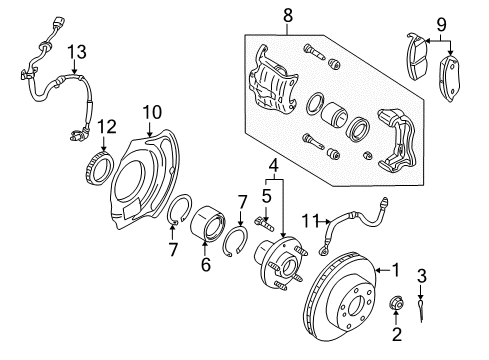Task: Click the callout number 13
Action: (77, 52)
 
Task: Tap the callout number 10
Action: (152, 112)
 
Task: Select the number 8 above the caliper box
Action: (288, 15)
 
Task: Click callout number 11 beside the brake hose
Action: (312, 221)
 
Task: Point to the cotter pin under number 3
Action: (421, 310)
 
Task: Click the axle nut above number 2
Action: (397, 302)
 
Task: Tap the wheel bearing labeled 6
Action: (207, 223)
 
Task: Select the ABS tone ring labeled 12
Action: (98, 168)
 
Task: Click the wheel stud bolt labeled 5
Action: (264, 224)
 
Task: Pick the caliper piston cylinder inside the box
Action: (334, 115)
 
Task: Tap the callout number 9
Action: (441, 25)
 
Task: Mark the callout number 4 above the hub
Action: (273, 166)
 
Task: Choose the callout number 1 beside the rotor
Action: (396, 270)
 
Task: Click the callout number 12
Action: (107, 127)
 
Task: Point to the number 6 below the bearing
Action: (206, 264)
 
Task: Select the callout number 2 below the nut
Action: (397, 334)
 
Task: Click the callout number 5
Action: (267, 196)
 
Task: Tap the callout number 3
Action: (422, 276)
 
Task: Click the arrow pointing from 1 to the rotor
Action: (383, 270)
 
